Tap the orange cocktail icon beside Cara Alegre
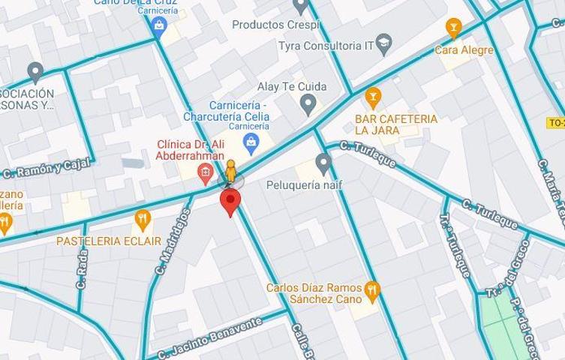coord(452,28)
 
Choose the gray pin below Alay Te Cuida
coord(308,104)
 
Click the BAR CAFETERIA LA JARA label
coord(397,125)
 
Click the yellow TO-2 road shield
coord(555,121)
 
